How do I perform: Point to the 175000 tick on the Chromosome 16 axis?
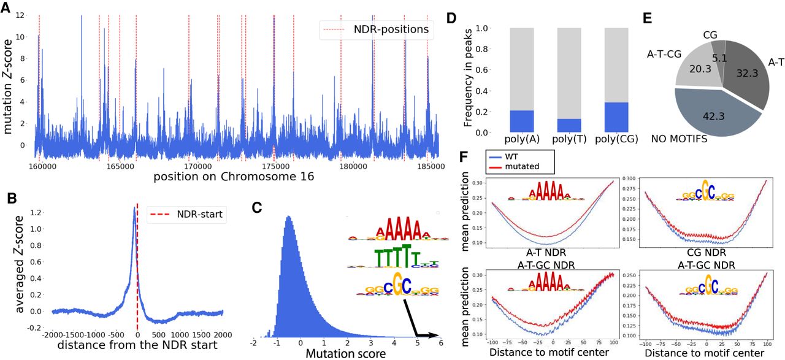point(274,166)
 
